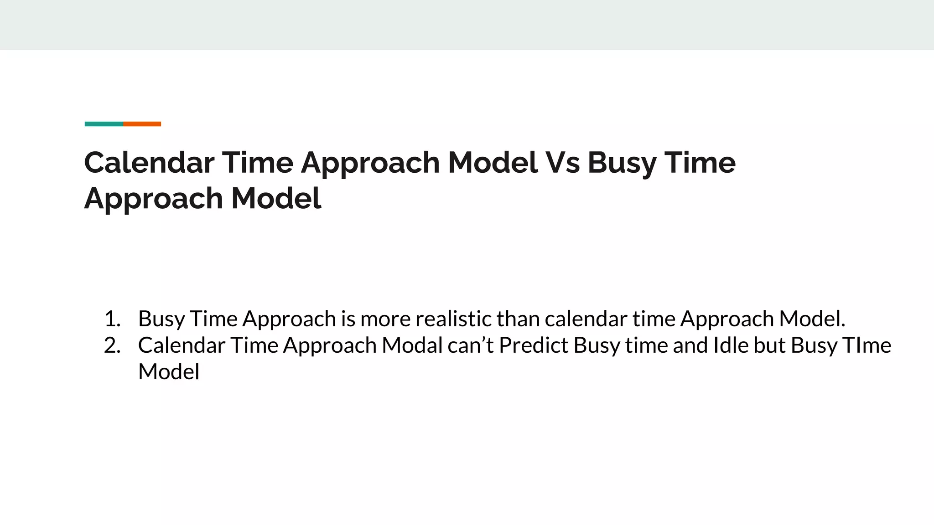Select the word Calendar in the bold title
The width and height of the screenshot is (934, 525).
click(149, 163)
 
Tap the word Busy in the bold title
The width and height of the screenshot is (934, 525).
click(622, 163)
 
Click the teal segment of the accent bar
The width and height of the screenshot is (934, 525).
click(104, 124)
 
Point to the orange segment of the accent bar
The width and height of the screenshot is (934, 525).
click(142, 124)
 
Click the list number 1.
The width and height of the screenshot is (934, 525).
click(112, 319)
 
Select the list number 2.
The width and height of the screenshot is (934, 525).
click(112, 345)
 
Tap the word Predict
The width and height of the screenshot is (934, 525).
click(534, 345)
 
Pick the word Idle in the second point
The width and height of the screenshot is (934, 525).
click(731, 345)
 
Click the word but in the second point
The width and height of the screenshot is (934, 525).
click(769, 345)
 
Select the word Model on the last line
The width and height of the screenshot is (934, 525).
click(169, 371)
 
